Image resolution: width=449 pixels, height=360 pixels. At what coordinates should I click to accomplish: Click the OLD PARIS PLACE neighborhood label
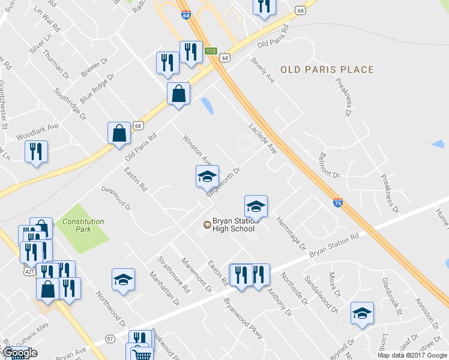pos(327,70)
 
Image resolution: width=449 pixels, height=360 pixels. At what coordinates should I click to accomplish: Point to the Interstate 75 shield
pos(338,203)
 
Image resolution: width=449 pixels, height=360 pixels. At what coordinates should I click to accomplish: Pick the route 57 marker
pos(110,339)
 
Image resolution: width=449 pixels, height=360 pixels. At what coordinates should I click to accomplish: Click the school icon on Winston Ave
pos(206,176)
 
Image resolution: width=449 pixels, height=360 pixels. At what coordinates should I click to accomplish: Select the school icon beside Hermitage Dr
pos(256,206)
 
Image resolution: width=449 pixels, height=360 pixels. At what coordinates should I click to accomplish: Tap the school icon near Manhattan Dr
pos(123,280)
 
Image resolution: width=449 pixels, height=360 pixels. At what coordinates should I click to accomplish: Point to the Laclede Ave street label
pos(262,140)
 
